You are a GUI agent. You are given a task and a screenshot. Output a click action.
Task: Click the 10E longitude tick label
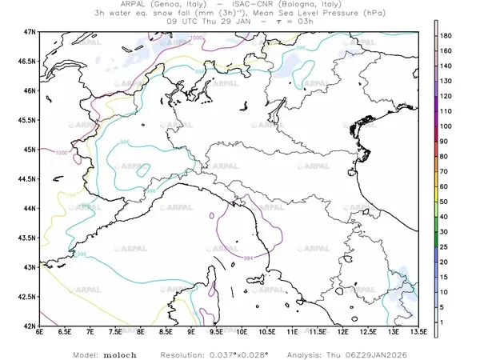tap(242, 331)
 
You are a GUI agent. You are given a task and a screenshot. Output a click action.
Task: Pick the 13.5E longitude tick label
tap(417, 331)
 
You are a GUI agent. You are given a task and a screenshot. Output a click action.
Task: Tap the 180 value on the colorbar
tap(446, 37)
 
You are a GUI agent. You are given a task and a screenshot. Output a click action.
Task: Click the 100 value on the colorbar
tap(446, 126)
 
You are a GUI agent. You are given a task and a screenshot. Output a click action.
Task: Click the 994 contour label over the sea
tap(248, 258)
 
